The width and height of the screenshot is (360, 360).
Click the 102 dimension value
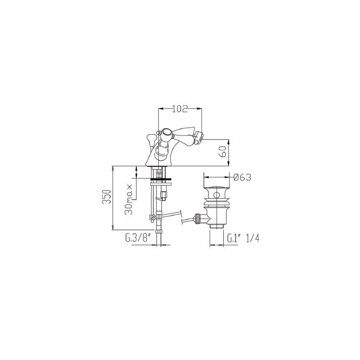pos(180,108)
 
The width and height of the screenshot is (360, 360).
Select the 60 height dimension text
pos(223,152)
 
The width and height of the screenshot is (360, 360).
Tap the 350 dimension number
pos(107,197)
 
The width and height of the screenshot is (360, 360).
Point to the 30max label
pos(129,199)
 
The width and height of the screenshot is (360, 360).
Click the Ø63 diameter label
pos(242,177)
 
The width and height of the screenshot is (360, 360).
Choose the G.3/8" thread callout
pos(138,238)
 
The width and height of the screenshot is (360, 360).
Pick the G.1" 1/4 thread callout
pos(243,238)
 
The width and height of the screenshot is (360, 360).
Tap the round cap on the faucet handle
pos(166,133)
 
